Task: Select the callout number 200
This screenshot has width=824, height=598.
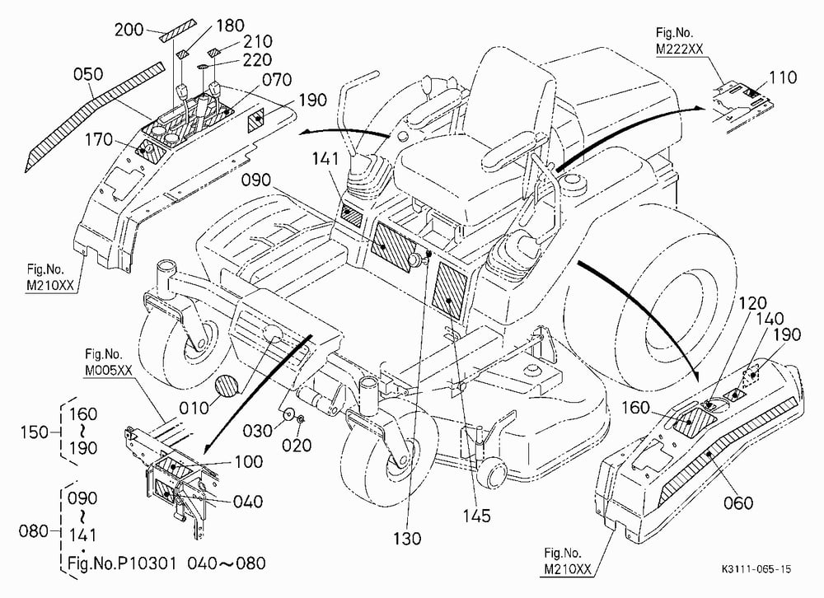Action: point(129,30)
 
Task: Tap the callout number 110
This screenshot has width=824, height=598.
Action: point(783,77)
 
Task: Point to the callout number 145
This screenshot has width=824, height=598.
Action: point(476,516)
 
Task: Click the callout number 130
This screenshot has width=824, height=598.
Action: point(407,538)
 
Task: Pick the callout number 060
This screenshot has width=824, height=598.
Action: point(738,503)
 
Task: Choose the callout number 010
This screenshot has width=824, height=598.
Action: point(194,408)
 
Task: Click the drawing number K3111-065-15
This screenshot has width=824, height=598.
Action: point(756,569)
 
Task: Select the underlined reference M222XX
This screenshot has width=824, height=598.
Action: point(680,49)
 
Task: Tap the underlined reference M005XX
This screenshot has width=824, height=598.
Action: point(109,370)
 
